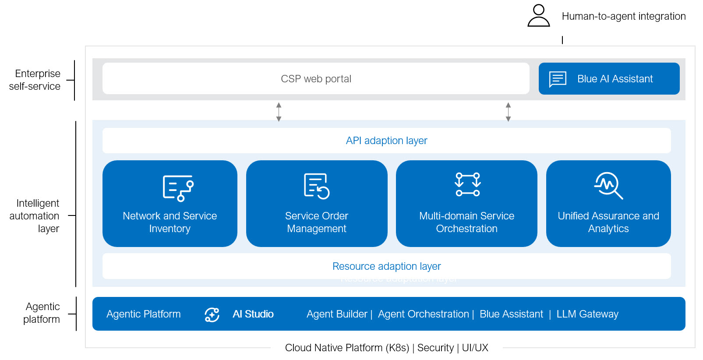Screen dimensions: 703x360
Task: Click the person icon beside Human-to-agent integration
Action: coord(539,16)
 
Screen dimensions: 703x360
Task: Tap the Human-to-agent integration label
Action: coord(624,16)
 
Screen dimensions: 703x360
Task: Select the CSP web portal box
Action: coord(316,78)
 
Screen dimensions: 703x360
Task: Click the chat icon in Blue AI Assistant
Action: coord(558,79)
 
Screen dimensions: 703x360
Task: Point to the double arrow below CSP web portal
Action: coord(279,112)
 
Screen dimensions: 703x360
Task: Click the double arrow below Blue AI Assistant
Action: coord(508,112)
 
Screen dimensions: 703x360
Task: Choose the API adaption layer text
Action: coord(386,141)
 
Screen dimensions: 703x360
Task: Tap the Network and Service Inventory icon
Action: coord(178,188)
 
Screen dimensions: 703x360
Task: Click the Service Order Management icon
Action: coord(316,187)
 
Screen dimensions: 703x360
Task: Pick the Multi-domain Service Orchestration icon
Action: coord(468,184)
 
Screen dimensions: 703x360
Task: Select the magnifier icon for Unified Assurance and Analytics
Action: coord(608,186)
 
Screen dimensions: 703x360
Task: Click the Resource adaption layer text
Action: coord(386,266)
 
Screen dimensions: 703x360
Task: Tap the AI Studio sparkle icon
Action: coord(212,314)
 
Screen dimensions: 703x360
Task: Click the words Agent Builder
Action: coord(337,314)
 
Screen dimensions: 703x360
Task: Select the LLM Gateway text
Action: coord(587,314)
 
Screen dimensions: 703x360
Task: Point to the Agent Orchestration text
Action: coord(423,314)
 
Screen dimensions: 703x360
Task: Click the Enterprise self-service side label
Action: coord(35,80)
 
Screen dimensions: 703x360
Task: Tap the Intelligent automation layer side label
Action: coord(35,216)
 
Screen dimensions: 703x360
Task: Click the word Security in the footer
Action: coord(435,348)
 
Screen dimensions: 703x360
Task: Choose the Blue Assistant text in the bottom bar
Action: coord(511,314)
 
